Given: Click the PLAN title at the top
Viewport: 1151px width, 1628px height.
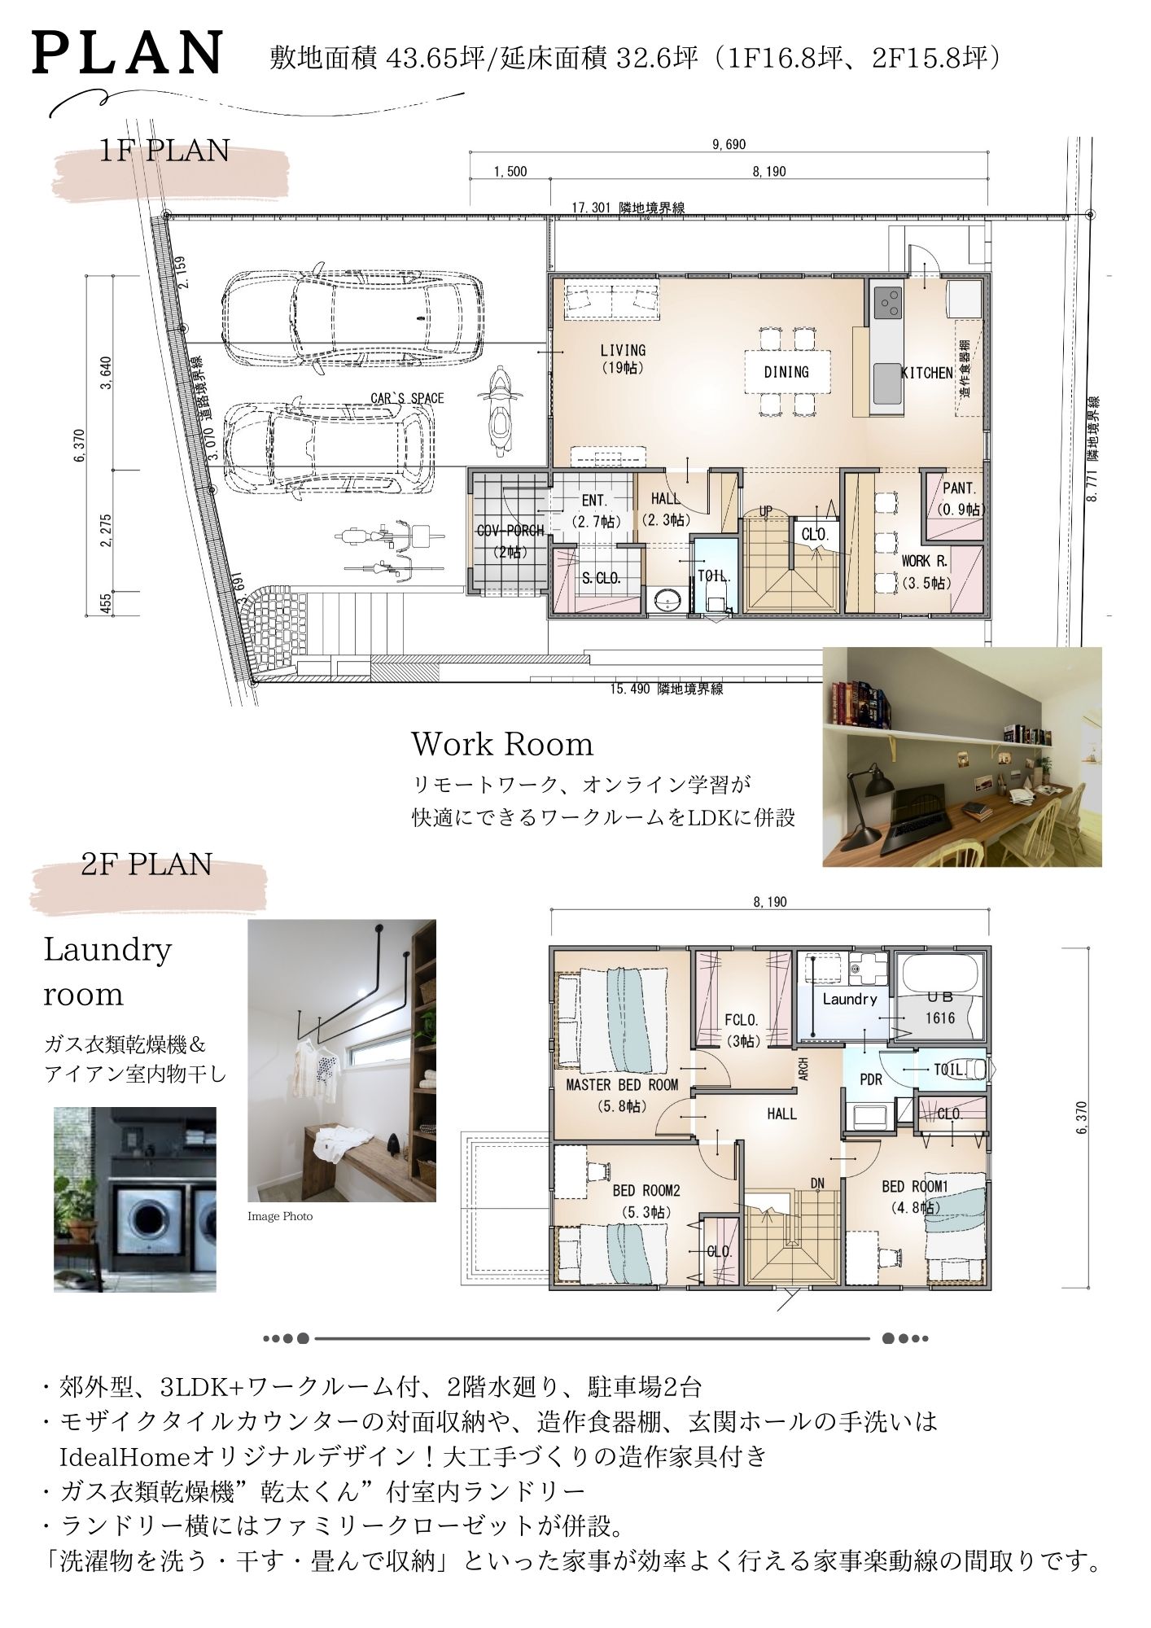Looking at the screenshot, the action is coord(128,53).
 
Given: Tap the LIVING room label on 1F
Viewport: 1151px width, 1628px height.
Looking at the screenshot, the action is coord(623,358).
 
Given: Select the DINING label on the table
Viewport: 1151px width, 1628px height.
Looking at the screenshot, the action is coord(786,372).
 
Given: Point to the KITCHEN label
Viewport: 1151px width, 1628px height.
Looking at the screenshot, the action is coord(926,373).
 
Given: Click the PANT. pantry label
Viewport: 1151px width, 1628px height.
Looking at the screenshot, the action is coord(960,498).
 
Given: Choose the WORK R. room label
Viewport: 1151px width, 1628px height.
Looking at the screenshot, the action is coord(926,571).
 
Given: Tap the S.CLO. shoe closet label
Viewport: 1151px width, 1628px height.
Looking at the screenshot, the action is coord(601,579).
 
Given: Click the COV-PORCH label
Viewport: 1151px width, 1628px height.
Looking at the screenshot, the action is coord(510,540).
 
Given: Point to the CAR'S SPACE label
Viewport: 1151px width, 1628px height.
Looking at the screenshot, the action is coord(407,398).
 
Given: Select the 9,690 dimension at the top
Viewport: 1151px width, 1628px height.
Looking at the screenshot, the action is coord(729,145).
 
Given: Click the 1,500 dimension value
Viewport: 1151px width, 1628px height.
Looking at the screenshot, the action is coord(510,172).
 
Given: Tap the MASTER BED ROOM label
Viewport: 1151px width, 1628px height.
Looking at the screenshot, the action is coord(621,1095).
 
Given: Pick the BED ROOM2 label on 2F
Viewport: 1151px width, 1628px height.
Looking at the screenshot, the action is coord(646,1201).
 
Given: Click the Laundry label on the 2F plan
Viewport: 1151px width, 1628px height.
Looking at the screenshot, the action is coord(849,999).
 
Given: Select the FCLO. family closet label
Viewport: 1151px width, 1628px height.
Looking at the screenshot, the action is coord(741,1029).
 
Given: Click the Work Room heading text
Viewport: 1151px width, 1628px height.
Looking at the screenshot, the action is coord(502,744).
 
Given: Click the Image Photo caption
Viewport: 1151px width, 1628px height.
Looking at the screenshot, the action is coord(280,1216).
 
